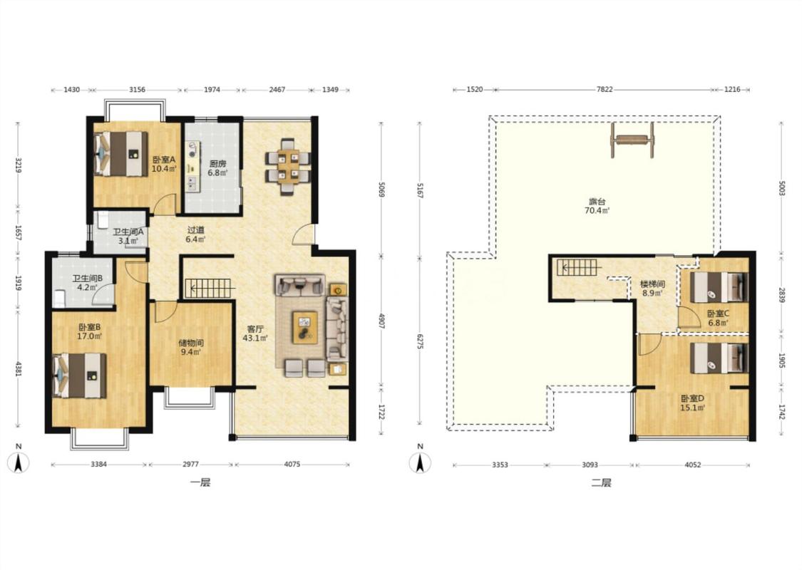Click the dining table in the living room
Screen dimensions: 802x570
(287, 166)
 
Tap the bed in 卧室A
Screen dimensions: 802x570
(121, 154)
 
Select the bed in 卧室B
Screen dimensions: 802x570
(80, 375)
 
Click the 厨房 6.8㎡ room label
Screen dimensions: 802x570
(217, 167)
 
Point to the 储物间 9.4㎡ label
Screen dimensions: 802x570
(191, 347)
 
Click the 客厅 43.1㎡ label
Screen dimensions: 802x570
(255, 333)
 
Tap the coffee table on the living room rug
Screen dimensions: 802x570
(305, 328)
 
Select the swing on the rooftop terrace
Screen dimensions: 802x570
(632, 140)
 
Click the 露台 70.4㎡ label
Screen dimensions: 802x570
(597, 205)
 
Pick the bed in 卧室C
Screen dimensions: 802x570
(719, 287)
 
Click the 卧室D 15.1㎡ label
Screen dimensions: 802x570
(692, 403)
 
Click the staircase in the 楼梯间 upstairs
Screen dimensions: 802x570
(577, 267)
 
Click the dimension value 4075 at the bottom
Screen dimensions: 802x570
(292, 465)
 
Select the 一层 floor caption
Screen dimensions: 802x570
(200, 482)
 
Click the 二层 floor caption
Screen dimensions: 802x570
(602, 482)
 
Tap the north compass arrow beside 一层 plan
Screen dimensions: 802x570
(19, 462)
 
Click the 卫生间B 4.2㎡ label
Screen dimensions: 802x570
(88, 283)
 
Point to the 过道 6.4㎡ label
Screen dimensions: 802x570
(195, 234)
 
